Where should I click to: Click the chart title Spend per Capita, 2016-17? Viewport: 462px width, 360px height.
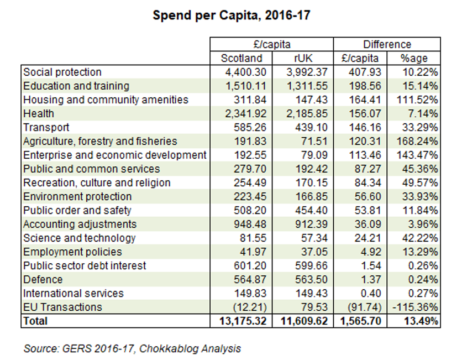pyautogui.click(x=231, y=16)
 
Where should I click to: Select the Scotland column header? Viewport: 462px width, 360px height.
pyautogui.click(x=241, y=58)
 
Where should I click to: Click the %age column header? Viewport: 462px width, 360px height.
pyautogui.click(x=414, y=58)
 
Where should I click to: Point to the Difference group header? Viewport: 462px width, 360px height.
pyautogui.click(x=387, y=44)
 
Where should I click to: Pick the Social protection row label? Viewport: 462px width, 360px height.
pyautogui.click(x=62, y=72)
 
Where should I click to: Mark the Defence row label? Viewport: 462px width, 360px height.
pyautogui.click(x=43, y=279)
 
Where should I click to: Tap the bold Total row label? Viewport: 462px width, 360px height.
pyautogui.click(x=35, y=321)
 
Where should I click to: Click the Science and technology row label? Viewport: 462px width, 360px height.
pyautogui.click(x=80, y=238)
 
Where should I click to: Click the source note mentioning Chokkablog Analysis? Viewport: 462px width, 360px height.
pyautogui.click(x=132, y=348)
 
